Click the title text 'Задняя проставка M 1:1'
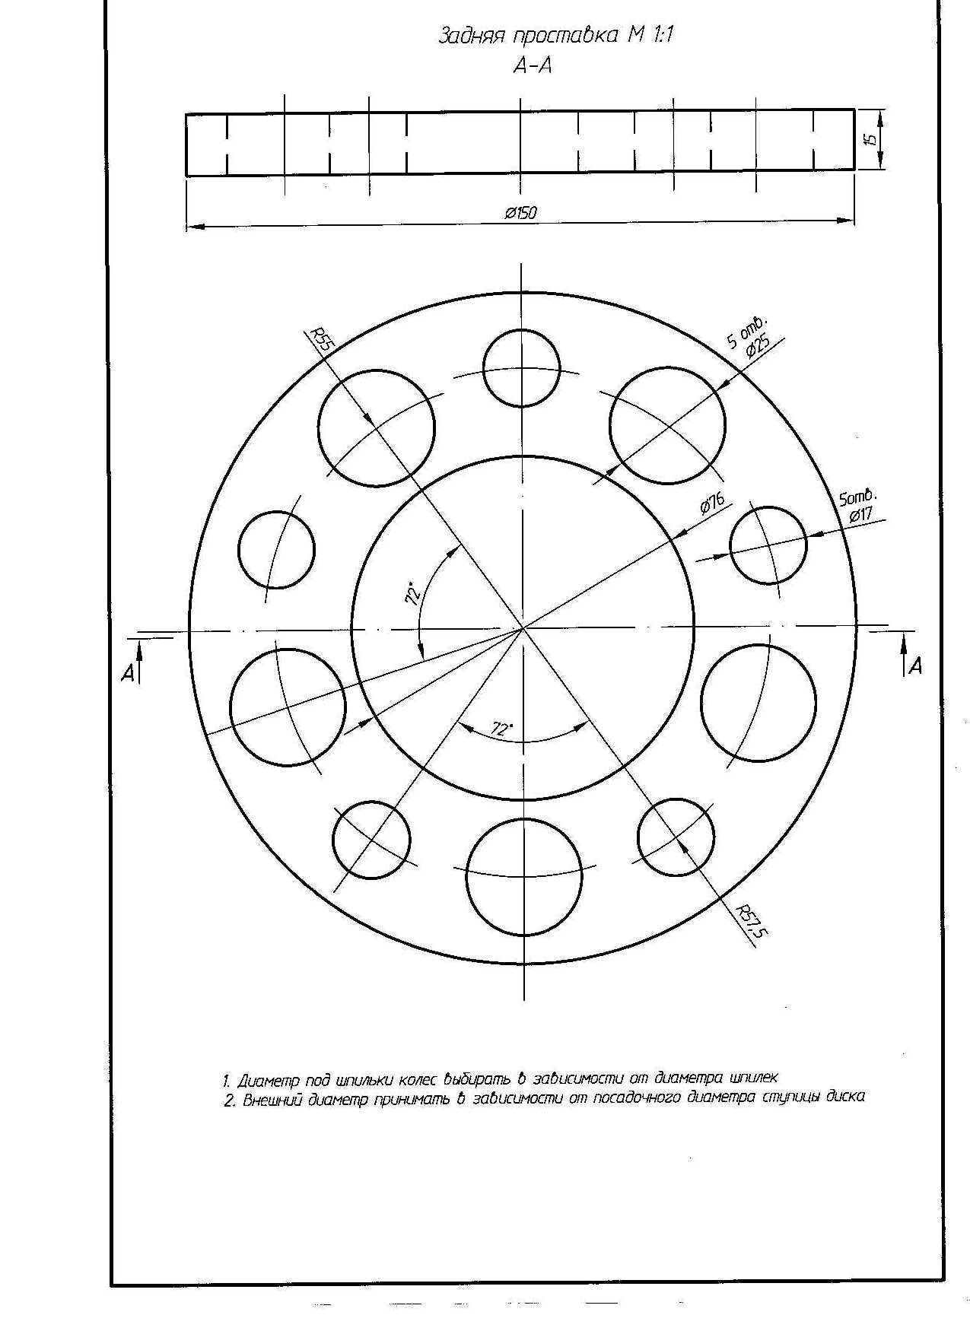click(556, 36)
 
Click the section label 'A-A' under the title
click(533, 67)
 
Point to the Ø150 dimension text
click(521, 212)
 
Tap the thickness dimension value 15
click(872, 138)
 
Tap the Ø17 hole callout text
click(860, 515)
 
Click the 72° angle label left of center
click(414, 594)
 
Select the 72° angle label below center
click(501, 729)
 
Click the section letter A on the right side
click(915, 666)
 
